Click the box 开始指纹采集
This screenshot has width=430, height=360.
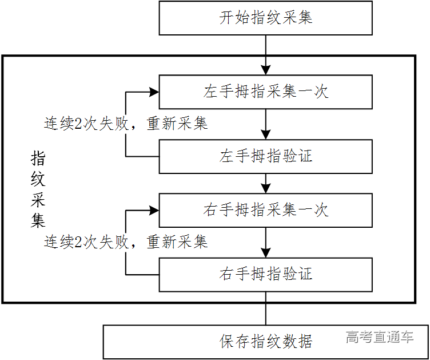(266, 18)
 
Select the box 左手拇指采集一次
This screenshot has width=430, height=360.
(266, 92)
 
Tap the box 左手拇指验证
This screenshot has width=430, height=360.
(266, 156)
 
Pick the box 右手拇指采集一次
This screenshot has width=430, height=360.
(266, 210)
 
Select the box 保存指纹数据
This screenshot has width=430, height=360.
(266, 342)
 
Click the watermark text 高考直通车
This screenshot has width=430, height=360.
(379, 337)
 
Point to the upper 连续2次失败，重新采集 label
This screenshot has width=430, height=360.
(126, 123)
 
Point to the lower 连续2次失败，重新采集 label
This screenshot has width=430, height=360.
(126, 242)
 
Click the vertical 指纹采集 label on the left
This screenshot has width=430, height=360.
(38, 189)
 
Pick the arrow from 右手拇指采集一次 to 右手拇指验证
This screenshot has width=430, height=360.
(266, 243)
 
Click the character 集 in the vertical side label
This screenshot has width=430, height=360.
(38, 220)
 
